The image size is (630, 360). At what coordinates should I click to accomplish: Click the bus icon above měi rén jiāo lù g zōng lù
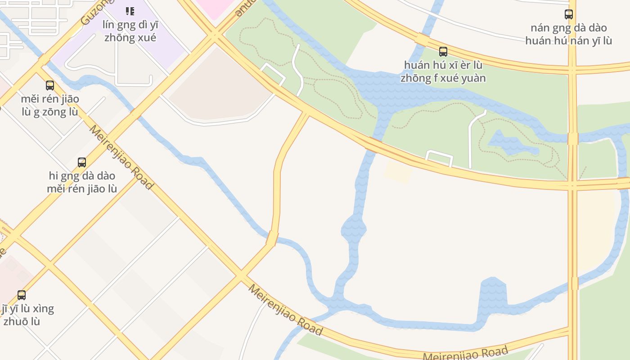click(50, 85)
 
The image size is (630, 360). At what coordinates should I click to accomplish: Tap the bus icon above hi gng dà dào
click(82, 162)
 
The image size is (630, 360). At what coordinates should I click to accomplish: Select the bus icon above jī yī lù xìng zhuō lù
click(22, 295)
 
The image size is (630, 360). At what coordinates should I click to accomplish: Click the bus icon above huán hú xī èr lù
click(443, 52)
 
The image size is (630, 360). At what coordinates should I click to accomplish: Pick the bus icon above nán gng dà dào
click(569, 14)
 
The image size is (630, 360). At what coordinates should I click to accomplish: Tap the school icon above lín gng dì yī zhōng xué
click(130, 11)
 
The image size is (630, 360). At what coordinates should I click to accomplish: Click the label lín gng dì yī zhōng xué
click(130, 31)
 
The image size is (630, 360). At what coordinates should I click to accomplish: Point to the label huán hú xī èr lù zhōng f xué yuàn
click(443, 72)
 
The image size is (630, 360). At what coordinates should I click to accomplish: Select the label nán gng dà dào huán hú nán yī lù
click(569, 34)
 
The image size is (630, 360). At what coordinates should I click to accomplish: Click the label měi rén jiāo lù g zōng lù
click(50, 105)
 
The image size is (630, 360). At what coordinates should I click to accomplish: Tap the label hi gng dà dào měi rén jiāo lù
click(82, 182)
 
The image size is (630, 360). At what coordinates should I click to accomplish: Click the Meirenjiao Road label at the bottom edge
click(466, 353)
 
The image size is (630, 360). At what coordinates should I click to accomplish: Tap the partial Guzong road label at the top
click(94, 12)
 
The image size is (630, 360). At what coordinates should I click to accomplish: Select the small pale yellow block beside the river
click(398, 171)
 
